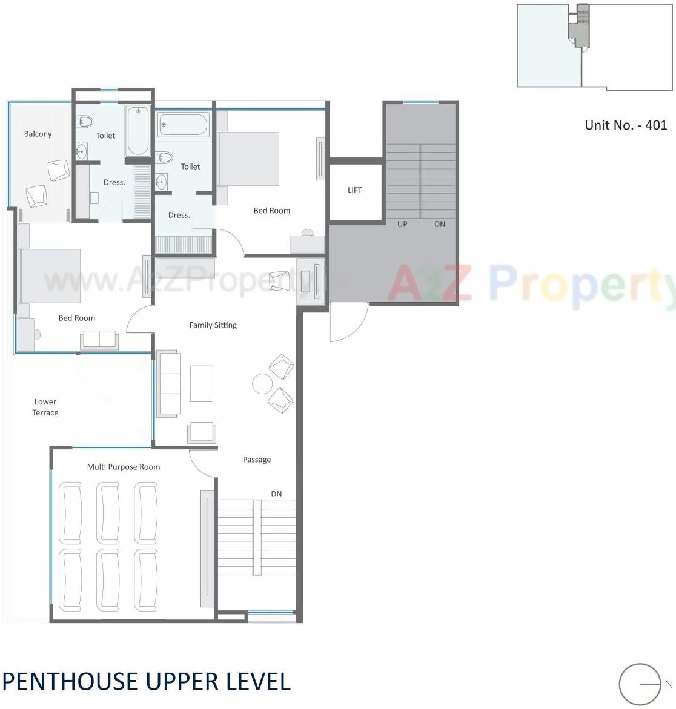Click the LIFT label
point(354,190)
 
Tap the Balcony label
point(38,134)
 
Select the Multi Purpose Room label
point(124,467)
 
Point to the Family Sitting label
point(213,325)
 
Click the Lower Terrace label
point(45,407)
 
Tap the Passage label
point(257,460)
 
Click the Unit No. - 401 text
point(625,125)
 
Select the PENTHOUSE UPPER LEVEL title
point(146,682)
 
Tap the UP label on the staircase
point(402,224)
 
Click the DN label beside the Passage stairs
point(276,494)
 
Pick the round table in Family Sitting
point(262,383)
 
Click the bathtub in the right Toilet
point(184,125)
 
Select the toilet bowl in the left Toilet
point(85,122)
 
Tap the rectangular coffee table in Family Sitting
point(202,383)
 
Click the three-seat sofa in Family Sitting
point(168,384)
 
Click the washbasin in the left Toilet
point(81,151)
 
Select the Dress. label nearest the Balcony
point(114,182)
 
